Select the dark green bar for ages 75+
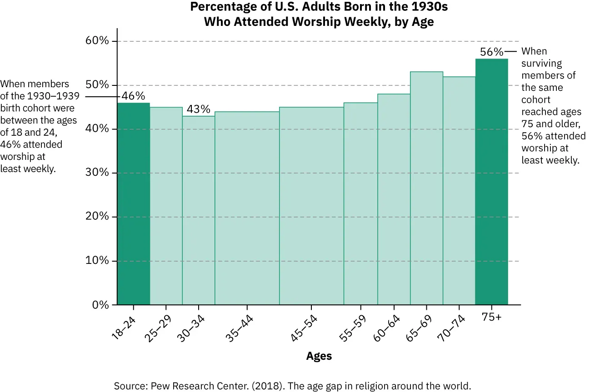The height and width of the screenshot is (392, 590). (491, 182)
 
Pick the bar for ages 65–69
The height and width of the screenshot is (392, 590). (426, 188)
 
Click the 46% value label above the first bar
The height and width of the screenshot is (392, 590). (133, 96)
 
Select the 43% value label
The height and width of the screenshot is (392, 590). (199, 109)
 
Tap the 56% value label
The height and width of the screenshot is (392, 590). (491, 52)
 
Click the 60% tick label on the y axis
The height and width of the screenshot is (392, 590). (98, 41)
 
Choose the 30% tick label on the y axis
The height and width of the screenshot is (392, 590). (98, 173)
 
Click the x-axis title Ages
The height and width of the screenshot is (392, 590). (319, 356)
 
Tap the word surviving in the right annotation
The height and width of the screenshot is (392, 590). (542, 63)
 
